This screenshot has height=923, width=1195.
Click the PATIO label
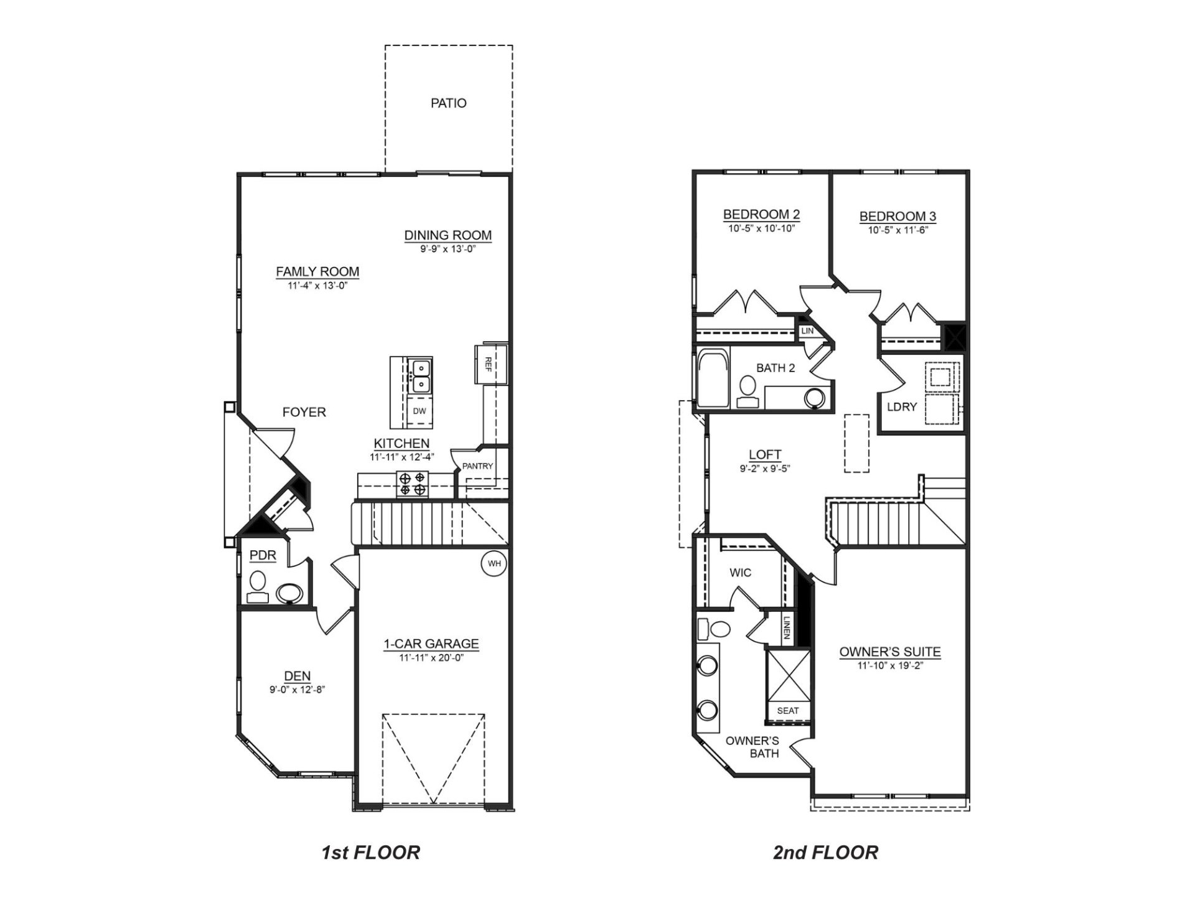tap(448, 103)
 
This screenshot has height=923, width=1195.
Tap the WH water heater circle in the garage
tap(494, 564)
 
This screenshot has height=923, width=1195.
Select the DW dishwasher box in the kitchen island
tap(419, 411)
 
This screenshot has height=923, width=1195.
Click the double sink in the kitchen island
tap(421, 376)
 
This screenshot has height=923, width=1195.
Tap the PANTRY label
tap(477, 466)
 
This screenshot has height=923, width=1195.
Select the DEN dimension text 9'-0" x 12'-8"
tap(298, 689)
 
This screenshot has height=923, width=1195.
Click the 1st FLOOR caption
tap(370, 852)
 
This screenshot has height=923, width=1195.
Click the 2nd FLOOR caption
tap(825, 852)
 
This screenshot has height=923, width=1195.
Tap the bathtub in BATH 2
tap(711, 380)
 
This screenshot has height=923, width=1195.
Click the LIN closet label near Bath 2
tap(807, 331)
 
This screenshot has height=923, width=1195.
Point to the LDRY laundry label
tap(902, 407)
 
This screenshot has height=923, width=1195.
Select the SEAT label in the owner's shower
tap(788, 711)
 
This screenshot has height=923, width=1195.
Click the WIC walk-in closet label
tap(740, 573)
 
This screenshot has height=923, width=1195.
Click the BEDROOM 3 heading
tap(897, 217)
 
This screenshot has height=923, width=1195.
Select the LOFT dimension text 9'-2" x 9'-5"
tap(765, 469)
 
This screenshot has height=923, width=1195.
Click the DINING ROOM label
tap(448, 236)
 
